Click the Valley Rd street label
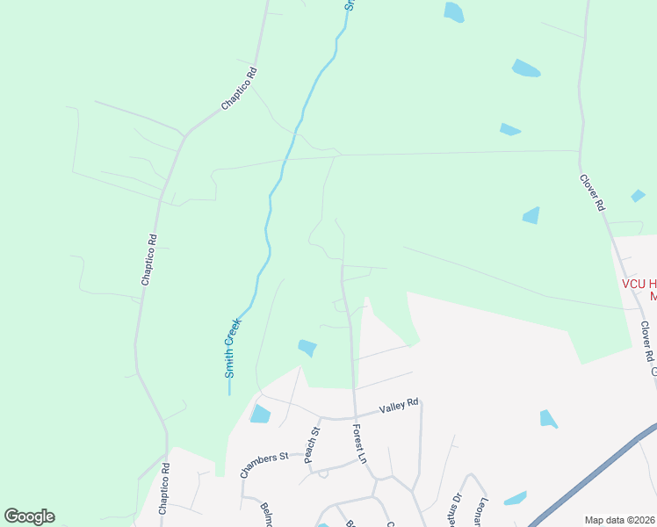(x=400, y=408)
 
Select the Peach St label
(x=309, y=445)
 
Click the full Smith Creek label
(x=233, y=348)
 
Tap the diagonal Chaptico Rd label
(x=239, y=89)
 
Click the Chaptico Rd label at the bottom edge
(x=163, y=496)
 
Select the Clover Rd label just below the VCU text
(x=647, y=343)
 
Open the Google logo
(x=29, y=516)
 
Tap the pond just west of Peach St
(x=260, y=414)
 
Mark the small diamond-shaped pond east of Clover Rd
(x=639, y=195)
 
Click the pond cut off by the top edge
(x=453, y=11)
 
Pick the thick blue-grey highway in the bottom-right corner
(x=597, y=475)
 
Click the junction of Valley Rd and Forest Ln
(x=355, y=415)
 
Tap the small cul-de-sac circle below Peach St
(x=323, y=474)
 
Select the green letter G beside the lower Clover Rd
(x=653, y=372)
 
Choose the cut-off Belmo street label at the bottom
(x=266, y=513)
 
